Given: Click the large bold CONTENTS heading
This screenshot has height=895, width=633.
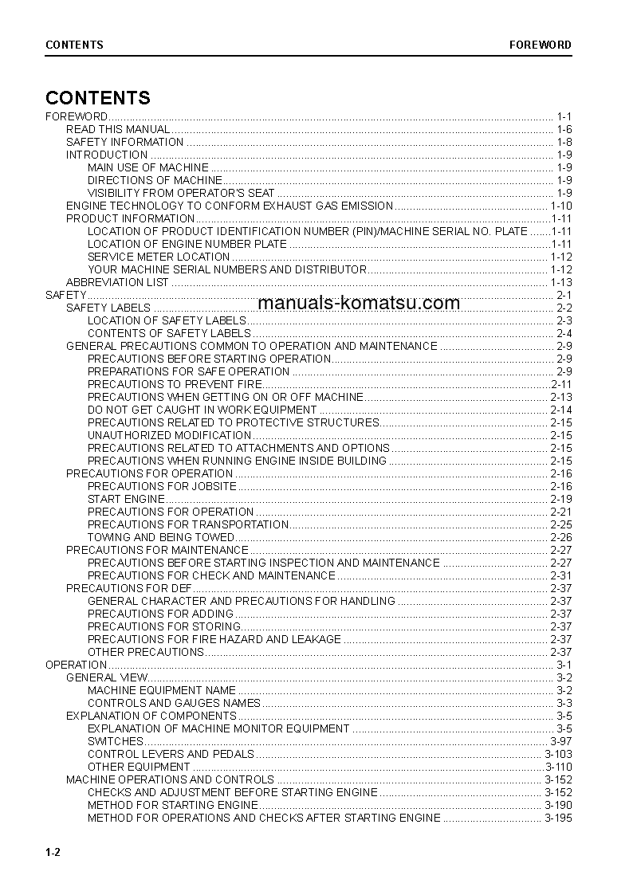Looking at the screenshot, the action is (x=98, y=98).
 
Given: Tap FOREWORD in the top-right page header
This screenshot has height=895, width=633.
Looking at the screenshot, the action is (x=541, y=45).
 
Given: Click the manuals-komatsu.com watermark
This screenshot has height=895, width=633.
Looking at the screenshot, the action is (x=359, y=303).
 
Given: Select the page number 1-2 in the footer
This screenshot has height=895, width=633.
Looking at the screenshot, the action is (x=53, y=853).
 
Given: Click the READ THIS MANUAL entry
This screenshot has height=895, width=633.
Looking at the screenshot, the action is (x=118, y=129).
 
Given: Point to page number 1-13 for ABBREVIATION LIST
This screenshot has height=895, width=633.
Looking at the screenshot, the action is (x=561, y=282).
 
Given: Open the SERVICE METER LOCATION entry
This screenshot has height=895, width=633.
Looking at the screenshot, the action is (x=159, y=257).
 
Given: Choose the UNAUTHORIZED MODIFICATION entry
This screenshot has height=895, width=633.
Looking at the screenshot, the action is (x=169, y=435).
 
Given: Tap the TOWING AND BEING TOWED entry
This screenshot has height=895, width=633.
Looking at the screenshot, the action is (x=161, y=537).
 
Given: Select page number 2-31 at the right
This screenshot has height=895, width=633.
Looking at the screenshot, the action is (x=561, y=575).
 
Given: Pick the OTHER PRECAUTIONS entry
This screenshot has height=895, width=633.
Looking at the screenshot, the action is (x=146, y=652).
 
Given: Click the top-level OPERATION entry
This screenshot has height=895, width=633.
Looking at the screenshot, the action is (x=77, y=665).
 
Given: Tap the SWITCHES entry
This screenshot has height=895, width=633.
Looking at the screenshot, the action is (x=116, y=741).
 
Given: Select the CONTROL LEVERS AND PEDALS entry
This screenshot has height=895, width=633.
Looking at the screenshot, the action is (x=171, y=754).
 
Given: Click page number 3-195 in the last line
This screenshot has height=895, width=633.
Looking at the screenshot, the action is (x=558, y=818).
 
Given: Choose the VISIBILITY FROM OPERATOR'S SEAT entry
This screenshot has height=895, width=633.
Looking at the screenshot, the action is (x=181, y=193).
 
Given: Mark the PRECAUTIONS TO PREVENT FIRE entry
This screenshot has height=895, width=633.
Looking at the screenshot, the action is (x=175, y=384).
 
